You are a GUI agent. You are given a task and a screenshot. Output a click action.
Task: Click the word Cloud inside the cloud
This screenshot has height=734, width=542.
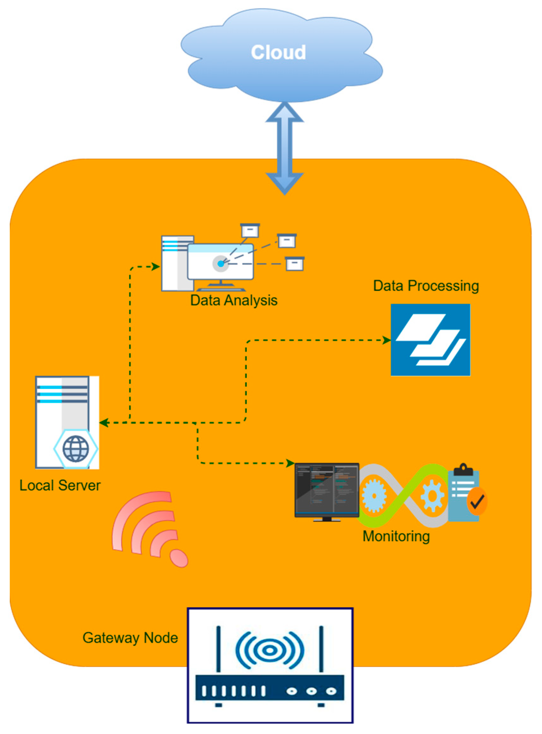tap(278, 52)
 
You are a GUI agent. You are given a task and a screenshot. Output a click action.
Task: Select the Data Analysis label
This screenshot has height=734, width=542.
tap(234, 300)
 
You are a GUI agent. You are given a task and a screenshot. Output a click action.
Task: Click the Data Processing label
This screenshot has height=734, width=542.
tap(426, 286)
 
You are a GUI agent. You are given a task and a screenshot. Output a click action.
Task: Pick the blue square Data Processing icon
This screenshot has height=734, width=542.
tap(430, 340)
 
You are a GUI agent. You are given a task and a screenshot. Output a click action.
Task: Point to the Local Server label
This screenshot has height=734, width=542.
tap(60, 486)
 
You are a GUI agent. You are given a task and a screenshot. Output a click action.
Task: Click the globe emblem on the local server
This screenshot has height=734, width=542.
tap(76, 448)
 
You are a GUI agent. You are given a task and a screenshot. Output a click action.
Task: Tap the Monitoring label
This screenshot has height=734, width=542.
tap(396, 537)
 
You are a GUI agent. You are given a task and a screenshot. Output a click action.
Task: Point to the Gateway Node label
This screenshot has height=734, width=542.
tap(130, 638)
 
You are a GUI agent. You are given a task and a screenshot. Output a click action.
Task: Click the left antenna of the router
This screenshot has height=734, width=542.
tap(218, 649)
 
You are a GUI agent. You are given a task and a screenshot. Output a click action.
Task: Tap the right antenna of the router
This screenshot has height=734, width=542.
tap(321, 649)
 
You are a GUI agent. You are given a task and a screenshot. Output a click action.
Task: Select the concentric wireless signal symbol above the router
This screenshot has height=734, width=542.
tap(270, 650)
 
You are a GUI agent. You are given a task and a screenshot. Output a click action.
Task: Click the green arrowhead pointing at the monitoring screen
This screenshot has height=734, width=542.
tap(290, 463)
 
